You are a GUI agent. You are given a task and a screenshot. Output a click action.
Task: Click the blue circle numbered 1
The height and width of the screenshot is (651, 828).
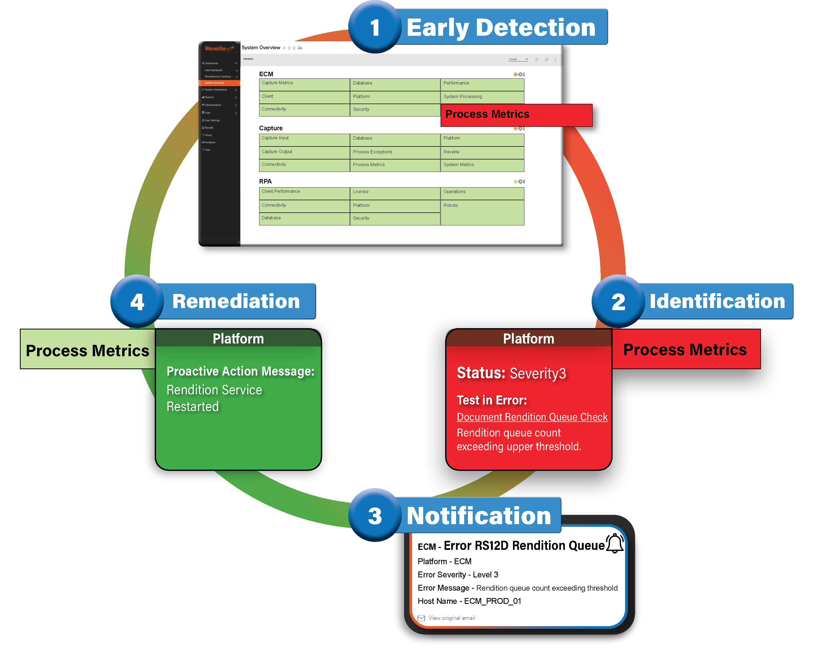375,28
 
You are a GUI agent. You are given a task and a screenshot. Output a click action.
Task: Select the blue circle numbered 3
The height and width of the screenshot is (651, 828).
375,515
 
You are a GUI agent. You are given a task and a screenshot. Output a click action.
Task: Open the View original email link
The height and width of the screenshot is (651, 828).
451,618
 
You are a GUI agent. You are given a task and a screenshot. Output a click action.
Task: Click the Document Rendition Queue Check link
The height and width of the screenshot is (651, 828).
532,417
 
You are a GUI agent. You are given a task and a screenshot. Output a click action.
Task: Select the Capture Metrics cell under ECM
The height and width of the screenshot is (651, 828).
304,84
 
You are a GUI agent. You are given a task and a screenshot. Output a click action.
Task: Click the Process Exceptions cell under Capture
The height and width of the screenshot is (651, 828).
395,152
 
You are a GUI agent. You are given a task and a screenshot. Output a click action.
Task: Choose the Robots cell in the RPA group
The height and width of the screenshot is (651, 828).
482,212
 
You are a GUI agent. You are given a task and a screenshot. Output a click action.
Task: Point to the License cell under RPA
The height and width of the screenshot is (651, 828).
395,193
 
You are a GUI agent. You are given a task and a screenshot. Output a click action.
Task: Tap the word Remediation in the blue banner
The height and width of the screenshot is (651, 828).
236,301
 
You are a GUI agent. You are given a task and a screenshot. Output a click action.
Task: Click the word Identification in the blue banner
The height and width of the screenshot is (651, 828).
717,301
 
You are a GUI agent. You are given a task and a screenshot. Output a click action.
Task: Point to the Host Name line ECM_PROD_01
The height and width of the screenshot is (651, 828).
469,601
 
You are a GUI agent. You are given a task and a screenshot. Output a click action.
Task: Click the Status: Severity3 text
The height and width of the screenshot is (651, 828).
511,373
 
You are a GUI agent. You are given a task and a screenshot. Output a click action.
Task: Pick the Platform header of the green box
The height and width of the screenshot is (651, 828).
238,338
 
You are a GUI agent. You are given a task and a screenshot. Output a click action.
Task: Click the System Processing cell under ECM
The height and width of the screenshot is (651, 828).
482,97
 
